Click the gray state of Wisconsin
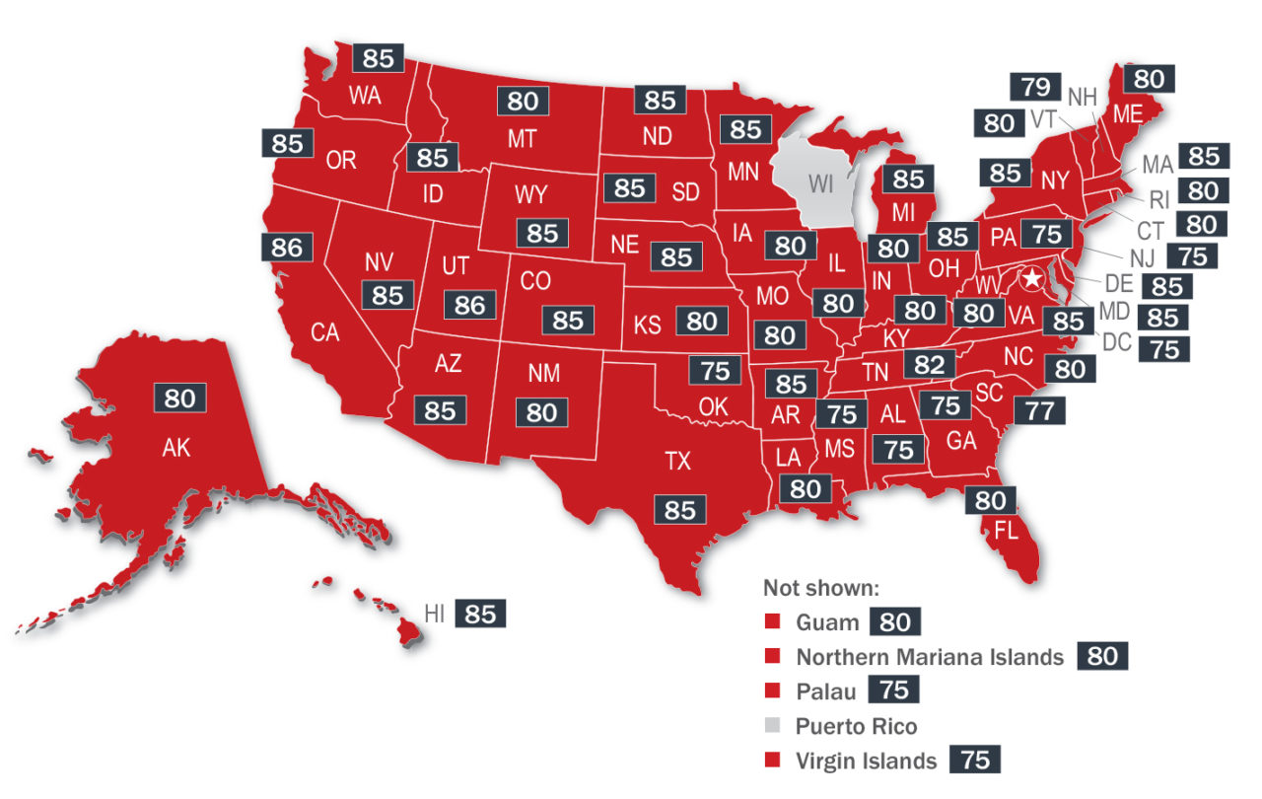point(818,182)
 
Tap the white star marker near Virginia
point(1031,279)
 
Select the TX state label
point(677,461)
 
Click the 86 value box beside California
point(286,247)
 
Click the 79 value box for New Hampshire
point(1034,87)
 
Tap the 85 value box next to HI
point(479,614)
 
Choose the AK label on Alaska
point(175,449)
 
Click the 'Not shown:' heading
point(819,588)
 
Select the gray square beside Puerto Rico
point(773,727)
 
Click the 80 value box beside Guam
point(894,622)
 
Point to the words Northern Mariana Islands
point(930,657)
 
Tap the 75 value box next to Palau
point(893,691)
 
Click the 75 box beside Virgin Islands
point(975,761)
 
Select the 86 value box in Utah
point(469,305)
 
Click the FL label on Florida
point(1006,531)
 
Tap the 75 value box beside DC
point(1164,349)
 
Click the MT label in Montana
point(522,139)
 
